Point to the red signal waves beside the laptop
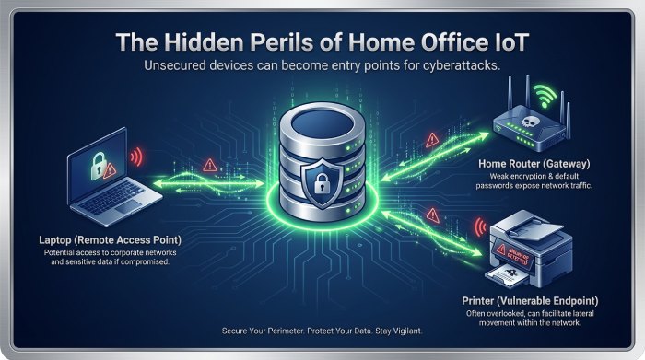137,158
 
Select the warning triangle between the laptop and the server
209,166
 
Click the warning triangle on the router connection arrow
433,141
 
